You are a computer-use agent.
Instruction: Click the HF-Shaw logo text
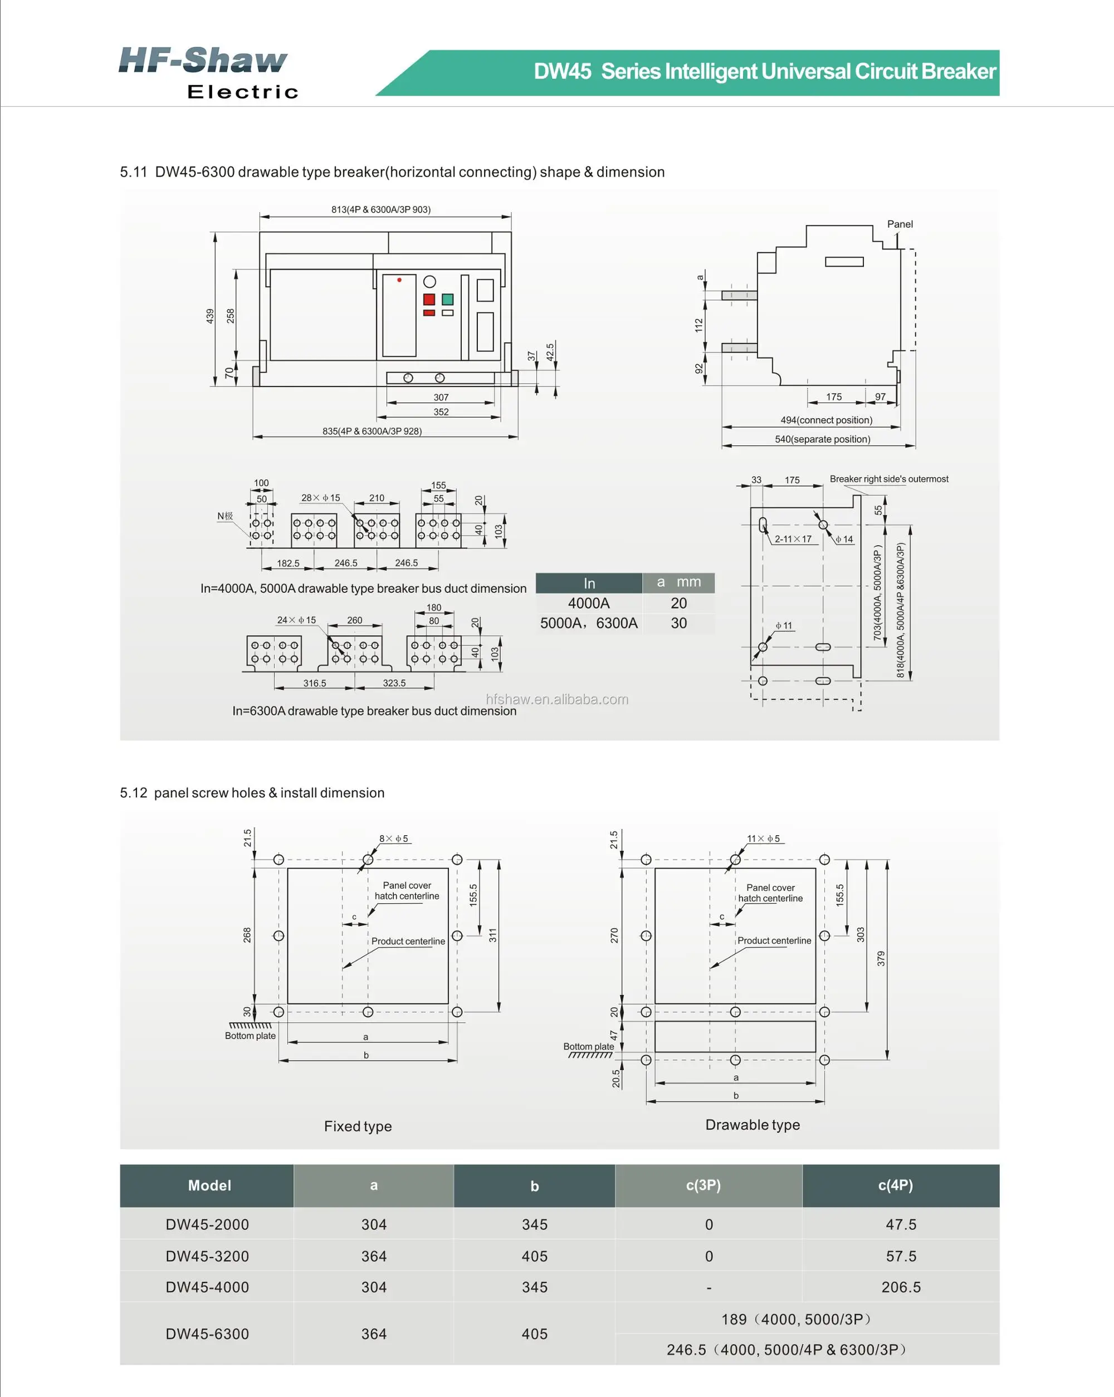[203, 60]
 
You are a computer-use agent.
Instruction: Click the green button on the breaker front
[447, 300]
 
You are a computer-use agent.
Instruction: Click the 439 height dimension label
[209, 316]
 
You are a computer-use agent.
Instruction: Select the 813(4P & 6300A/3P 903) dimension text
[380, 209]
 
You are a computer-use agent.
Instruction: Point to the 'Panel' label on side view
[900, 224]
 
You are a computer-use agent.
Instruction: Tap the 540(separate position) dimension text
[822, 439]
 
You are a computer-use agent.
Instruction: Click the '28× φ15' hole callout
[320, 498]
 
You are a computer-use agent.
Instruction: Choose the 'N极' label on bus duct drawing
[225, 516]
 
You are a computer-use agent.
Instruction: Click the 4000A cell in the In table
[588, 603]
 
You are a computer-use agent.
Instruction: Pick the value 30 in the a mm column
[678, 624]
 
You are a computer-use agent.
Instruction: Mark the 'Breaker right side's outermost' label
[888, 479]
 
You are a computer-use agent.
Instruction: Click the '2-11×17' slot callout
[793, 539]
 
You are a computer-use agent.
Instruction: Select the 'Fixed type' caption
[358, 1126]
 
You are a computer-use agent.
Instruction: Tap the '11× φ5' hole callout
[764, 839]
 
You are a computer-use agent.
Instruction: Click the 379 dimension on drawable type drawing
[881, 958]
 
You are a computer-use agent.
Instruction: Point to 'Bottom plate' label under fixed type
[250, 1036]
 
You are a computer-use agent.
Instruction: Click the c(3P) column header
[703, 1185]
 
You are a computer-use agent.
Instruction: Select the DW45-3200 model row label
[207, 1256]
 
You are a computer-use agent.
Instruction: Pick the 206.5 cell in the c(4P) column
[901, 1287]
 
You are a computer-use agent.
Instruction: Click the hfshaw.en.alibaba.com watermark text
[556, 699]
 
